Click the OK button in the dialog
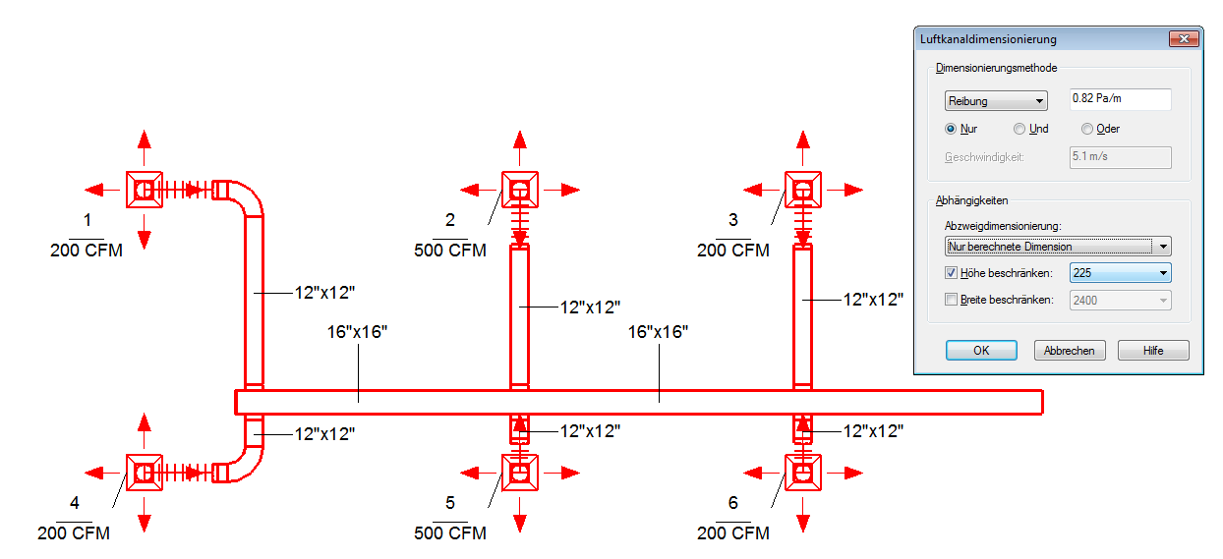click(981, 350)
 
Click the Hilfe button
click(1153, 350)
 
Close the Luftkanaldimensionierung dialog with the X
click(1184, 38)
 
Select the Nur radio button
click(951, 129)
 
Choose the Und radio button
click(1019, 129)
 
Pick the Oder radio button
click(1087, 129)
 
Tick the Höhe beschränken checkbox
click(951, 273)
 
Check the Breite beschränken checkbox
click(951, 300)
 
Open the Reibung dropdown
click(996, 101)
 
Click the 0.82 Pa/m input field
click(1120, 99)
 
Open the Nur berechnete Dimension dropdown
click(1058, 247)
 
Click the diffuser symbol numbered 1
click(145, 190)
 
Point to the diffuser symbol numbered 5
click(520, 473)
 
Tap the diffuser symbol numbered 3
click(802, 190)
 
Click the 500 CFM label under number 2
click(450, 251)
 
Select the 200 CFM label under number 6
click(732, 532)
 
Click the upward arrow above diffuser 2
click(520, 147)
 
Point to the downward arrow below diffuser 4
click(145, 515)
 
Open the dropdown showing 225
click(1120, 273)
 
